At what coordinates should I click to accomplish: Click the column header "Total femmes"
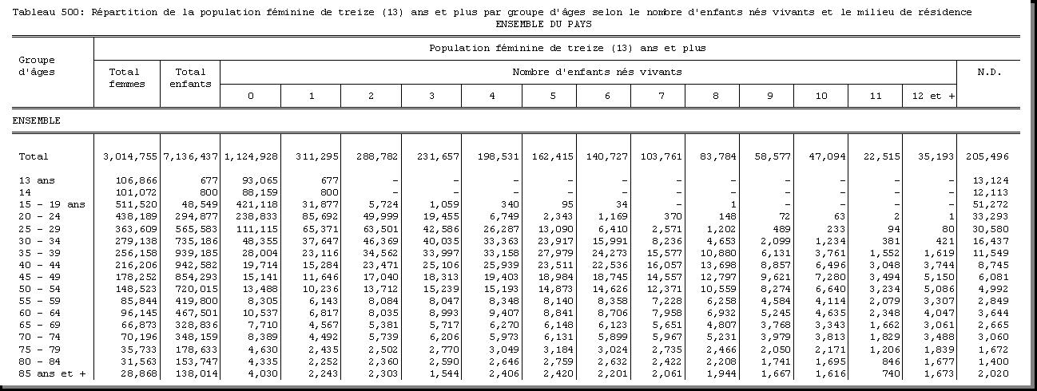click(127, 77)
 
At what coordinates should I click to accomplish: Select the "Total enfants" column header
click(190, 77)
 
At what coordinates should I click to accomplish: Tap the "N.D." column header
click(989, 72)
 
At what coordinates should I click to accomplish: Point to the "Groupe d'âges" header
click(37, 65)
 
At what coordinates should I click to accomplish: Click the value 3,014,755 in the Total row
click(130, 157)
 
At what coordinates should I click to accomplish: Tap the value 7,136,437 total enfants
click(191, 157)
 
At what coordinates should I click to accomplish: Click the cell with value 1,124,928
click(251, 157)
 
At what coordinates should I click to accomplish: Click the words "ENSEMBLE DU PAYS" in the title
click(543, 24)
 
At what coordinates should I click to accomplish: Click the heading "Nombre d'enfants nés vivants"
click(597, 72)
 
